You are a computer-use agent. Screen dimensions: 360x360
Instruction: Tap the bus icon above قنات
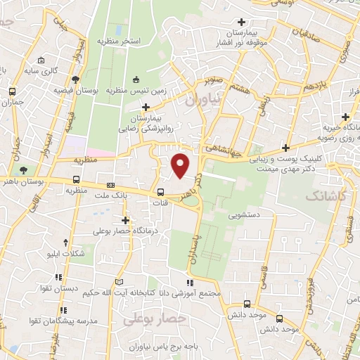coord(161,191)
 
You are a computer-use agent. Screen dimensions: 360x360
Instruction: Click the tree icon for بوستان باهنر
coord(24,170)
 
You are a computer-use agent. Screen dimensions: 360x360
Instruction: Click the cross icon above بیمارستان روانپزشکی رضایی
coord(146,107)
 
